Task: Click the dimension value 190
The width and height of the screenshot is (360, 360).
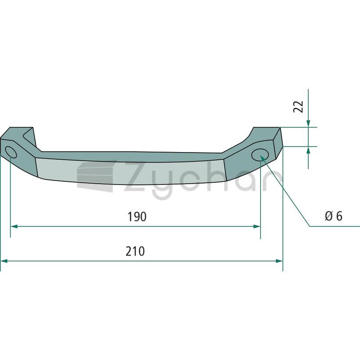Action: (137, 217)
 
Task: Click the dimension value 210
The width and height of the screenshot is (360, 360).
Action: (135, 252)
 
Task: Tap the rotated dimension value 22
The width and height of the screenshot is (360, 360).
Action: (298, 107)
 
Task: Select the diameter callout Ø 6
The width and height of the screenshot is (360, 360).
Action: (333, 216)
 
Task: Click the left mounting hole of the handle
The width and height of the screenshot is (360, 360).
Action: (11, 152)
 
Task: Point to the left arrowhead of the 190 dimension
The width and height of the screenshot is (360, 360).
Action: (14, 226)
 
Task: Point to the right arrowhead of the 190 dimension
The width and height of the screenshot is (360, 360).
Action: (256, 226)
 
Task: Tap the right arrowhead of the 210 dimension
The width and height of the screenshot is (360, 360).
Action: (279, 261)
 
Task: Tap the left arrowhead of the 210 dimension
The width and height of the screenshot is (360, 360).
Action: (4, 261)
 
